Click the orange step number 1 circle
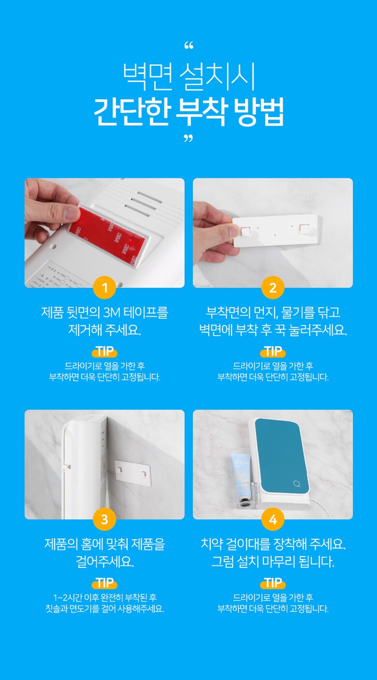[x=104, y=287]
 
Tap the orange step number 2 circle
[x=273, y=287]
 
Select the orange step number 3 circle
[x=104, y=519]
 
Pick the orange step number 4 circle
[x=273, y=519]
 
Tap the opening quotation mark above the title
[x=188, y=45]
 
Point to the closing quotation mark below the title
[x=188, y=139]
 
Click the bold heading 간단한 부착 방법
[x=188, y=112]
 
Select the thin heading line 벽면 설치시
[x=188, y=76]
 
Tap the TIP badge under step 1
[x=104, y=351]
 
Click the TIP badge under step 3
[x=104, y=583]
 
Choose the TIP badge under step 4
[x=273, y=583]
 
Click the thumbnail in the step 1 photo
[x=73, y=213]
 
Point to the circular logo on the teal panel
[x=297, y=483]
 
